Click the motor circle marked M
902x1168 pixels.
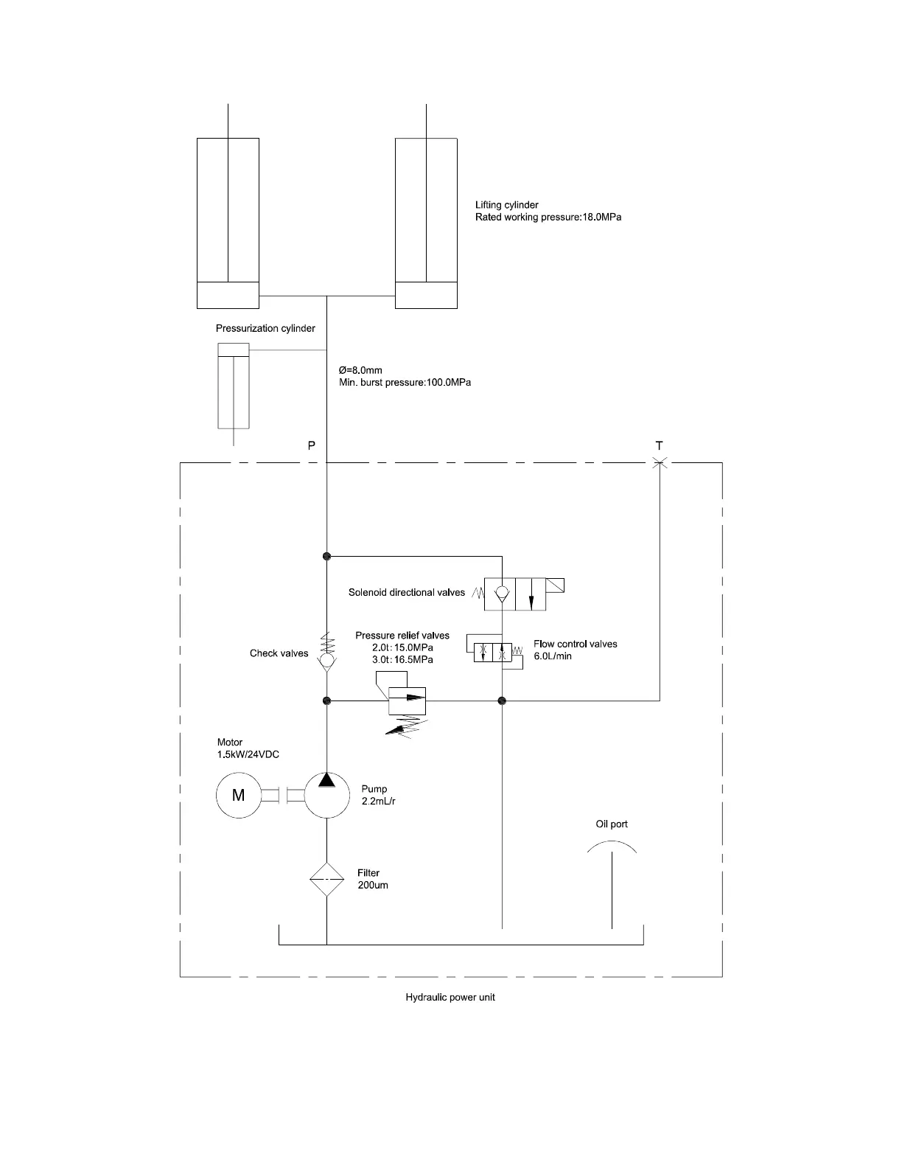point(238,795)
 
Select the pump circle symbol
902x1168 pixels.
point(326,795)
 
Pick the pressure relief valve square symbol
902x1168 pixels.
point(407,701)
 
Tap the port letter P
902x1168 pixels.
point(312,445)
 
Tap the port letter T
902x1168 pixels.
point(659,445)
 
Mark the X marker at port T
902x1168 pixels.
point(660,463)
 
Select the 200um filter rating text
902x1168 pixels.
point(373,885)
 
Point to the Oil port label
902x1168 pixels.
point(612,824)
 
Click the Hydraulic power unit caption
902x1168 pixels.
point(450,997)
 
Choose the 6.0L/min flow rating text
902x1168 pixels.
point(553,656)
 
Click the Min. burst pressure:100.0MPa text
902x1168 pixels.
point(405,383)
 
